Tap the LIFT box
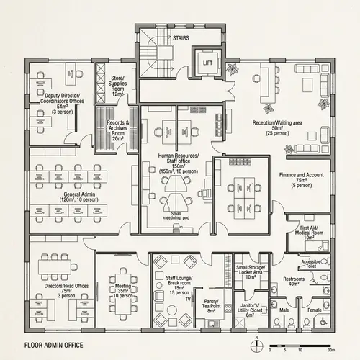click(x=208, y=63)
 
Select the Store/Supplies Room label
click(x=118, y=84)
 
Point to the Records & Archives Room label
click(x=118, y=130)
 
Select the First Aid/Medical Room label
click(x=308, y=233)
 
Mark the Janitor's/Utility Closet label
click(x=250, y=310)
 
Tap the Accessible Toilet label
click(x=310, y=264)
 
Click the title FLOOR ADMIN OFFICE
click(x=53, y=346)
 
